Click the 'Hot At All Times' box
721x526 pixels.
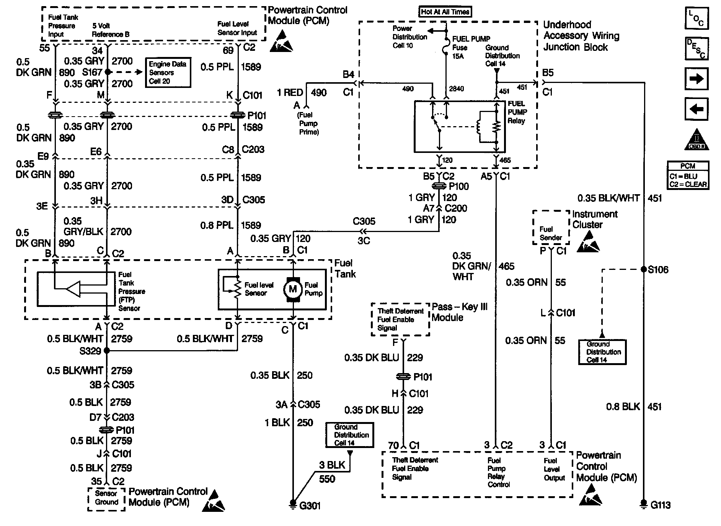(x=445, y=12)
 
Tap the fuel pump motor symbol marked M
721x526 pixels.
(x=292, y=289)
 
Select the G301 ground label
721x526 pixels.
(x=310, y=506)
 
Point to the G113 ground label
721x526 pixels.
(x=660, y=505)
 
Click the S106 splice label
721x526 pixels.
(x=658, y=269)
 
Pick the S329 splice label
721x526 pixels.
(x=90, y=351)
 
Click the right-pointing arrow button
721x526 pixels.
(x=697, y=79)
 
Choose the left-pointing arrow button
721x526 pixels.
(x=697, y=109)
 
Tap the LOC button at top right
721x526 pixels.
(x=697, y=18)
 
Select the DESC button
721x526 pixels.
(x=697, y=49)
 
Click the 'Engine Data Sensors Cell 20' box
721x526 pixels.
(x=168, y=73)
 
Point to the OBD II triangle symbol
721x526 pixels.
(x=697, y=140)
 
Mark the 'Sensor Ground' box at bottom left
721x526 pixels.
(x=106, y=498)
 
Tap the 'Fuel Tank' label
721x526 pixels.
(x=345, y=268)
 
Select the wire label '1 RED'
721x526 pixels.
(x=290, y=93)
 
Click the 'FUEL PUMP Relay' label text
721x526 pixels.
(x=517, y=112)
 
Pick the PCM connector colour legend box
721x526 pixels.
(x=688, y=175)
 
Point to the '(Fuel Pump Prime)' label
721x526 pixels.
(x=308, y=123)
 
